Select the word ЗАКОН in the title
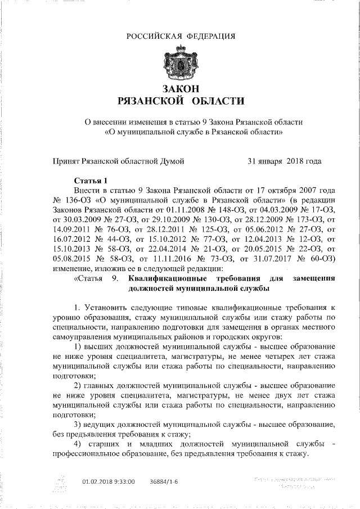tap(180, 89)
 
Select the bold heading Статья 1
tap(91, 181)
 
